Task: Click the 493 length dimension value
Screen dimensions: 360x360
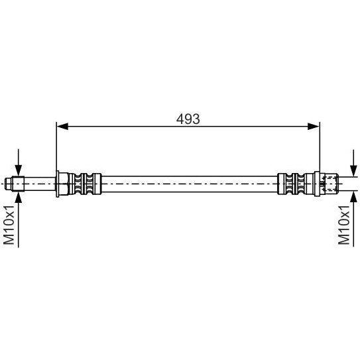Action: pyautogui.click(x=188, y=119)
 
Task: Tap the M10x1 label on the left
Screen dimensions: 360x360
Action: pyautogui.click(x=9, y=225)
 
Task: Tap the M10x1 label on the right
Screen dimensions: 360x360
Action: pyautogui.click(x=344, y=225)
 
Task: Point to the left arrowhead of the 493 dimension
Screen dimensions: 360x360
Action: pyautogui.click(x=62, y=126)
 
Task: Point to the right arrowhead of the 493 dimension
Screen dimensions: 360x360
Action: pyautogui.click(x=314, y=126)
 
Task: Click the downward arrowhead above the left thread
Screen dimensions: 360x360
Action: pyautogui.click(x=19, y=170)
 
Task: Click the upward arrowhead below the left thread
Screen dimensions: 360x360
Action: pyautogui.click(x=19, y=198)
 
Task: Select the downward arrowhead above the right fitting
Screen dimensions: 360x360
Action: pyautogui.click(x=353, y=170)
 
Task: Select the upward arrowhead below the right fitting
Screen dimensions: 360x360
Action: pyautogui.click(x=353, y=196)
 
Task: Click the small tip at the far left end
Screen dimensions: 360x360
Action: pyautogui.click(x=8, y=184)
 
